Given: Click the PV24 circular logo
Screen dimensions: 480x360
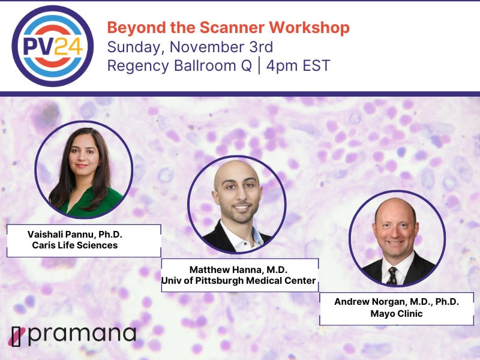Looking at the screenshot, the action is click(x=53, y=46).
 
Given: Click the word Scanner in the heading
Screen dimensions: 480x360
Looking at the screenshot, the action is click(x=232, y=27).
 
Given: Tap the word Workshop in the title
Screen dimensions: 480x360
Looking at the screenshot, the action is click(x=309, y=28).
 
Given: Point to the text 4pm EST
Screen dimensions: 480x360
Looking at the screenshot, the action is click(x=298, y=65).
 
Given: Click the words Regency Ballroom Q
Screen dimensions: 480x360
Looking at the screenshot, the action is click(x=179, y=66).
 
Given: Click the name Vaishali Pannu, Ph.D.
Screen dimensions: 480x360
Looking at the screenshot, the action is click(x=74, y=235).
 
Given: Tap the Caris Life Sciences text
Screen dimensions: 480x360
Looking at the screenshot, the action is click(x=74, y=245).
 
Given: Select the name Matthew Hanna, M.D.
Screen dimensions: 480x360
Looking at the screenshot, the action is click(x=238, y=269).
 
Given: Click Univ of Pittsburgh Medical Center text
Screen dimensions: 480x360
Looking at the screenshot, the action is click(x=238, y=280).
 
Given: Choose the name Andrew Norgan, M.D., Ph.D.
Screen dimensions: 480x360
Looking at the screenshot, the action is click(x=397, y=302).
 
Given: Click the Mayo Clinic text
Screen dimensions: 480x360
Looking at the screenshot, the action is click(x=397, y=313).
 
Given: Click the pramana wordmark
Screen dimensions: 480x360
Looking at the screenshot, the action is click(x=82, y=335).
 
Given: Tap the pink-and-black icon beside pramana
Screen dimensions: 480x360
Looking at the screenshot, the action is click(x=17, y=337).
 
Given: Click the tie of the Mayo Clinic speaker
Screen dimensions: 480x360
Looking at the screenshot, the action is click(x=392, y=275).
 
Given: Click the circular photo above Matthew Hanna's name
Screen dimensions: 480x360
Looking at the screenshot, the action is click(x=236, y=205).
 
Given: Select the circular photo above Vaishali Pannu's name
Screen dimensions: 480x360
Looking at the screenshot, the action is click(x=83, y=170).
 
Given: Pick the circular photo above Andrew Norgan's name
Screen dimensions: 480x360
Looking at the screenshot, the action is click(x=397, y=238).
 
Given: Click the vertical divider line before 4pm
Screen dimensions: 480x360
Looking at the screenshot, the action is click(x=259, y=65).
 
